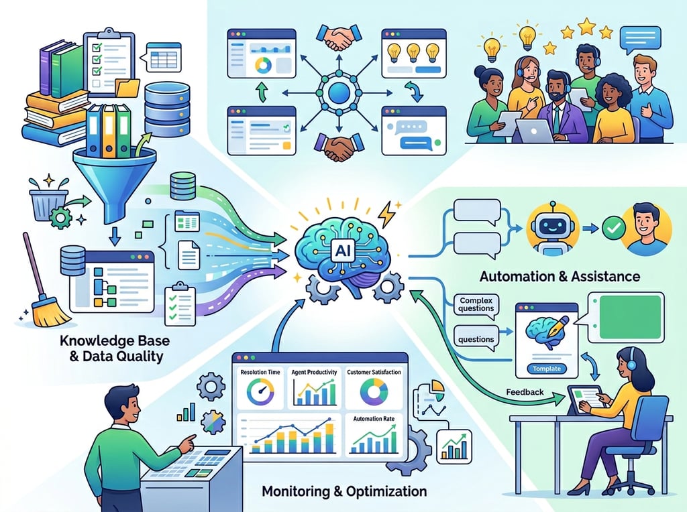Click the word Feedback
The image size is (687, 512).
click(526, 392)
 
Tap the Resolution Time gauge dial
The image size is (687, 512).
click(258, 393)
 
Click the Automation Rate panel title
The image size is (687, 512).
click(373, 418)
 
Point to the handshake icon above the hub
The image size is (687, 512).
click(339, 38)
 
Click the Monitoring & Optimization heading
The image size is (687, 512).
click(343, 492)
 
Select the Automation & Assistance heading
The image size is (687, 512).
click(560, 276)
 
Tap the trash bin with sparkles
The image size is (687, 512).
click(49, 202)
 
